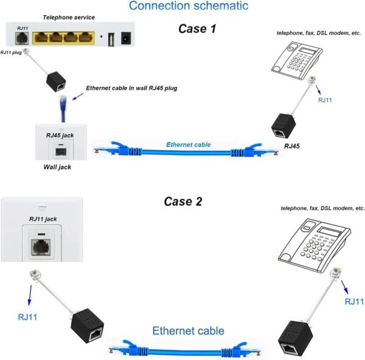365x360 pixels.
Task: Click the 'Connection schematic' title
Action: tap(189, 6)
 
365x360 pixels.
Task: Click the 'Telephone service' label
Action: tap(67, 18)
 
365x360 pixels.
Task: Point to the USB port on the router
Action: tap(111, 40)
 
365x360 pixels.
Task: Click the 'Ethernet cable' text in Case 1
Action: tap(189, 145)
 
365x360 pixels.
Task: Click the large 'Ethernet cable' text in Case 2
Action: tap(188, 331)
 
